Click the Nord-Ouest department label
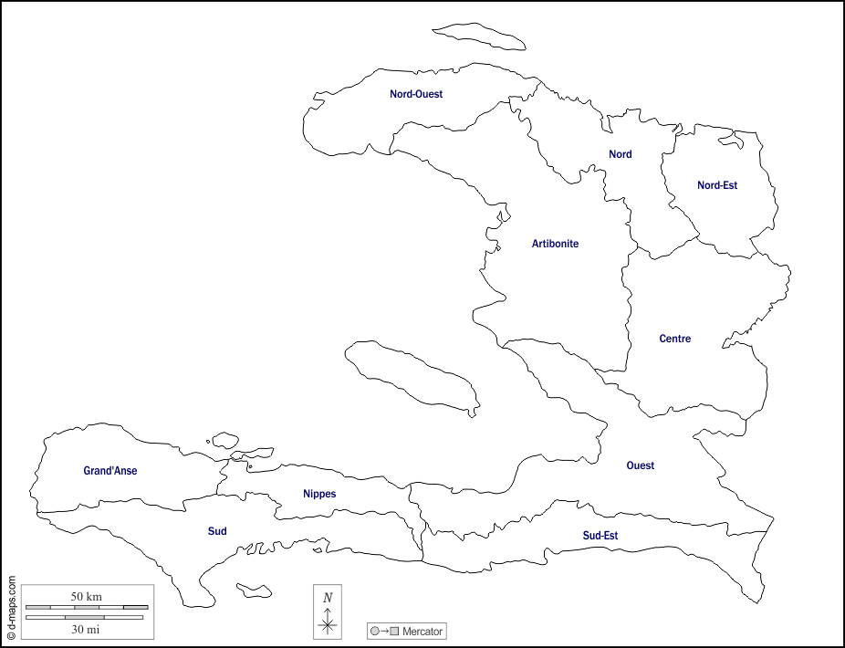click(415, 94)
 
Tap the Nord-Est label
click(717, 185)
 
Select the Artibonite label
click(555, 244)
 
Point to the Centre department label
click(674, 339)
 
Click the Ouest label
click(640, 465)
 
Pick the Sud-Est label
click(600, 536)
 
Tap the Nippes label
click(319, 494)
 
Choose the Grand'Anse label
click(110, 471)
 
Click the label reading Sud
click(217, 531)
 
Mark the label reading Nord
click(621, 154)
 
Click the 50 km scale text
click(87, 597)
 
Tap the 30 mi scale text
click(87, 629)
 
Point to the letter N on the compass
click(328, 598)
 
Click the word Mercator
click(422, 631)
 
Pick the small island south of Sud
click(254, 591)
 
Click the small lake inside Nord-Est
click(730, 141)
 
